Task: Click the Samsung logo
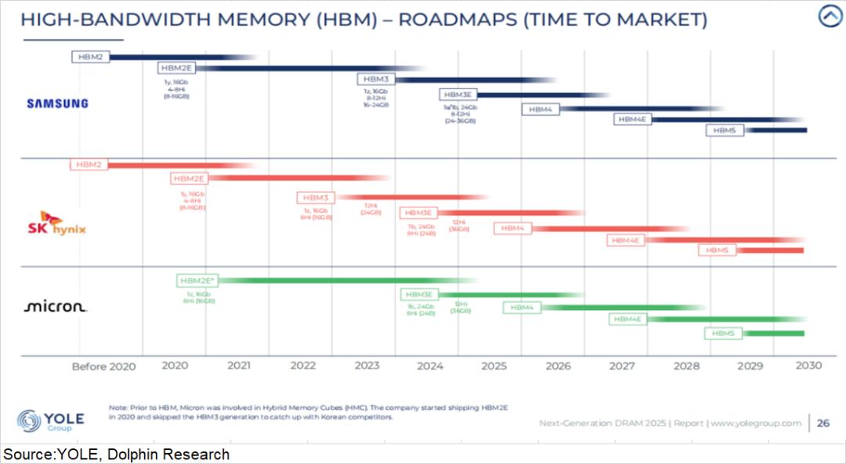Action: click(x=57, y=103)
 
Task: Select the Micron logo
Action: click(x=56, y=307)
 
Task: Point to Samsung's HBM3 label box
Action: click(x=376, y=79)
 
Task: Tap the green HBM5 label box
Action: click(x=723, y=333)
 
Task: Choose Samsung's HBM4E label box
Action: click(x=632, y=119)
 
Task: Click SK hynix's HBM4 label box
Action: click(x=512, y=228)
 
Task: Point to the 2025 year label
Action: click(x=493, y=365)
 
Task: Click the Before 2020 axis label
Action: click(x=103, y=365)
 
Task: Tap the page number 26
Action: click(x=823, y=423)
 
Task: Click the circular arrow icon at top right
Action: click(x=829, y=16)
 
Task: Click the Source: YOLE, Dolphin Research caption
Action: click(x=117, y=455)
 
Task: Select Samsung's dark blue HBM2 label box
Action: click(x=91, y=56)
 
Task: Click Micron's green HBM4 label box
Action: click(x=522, y=308)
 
